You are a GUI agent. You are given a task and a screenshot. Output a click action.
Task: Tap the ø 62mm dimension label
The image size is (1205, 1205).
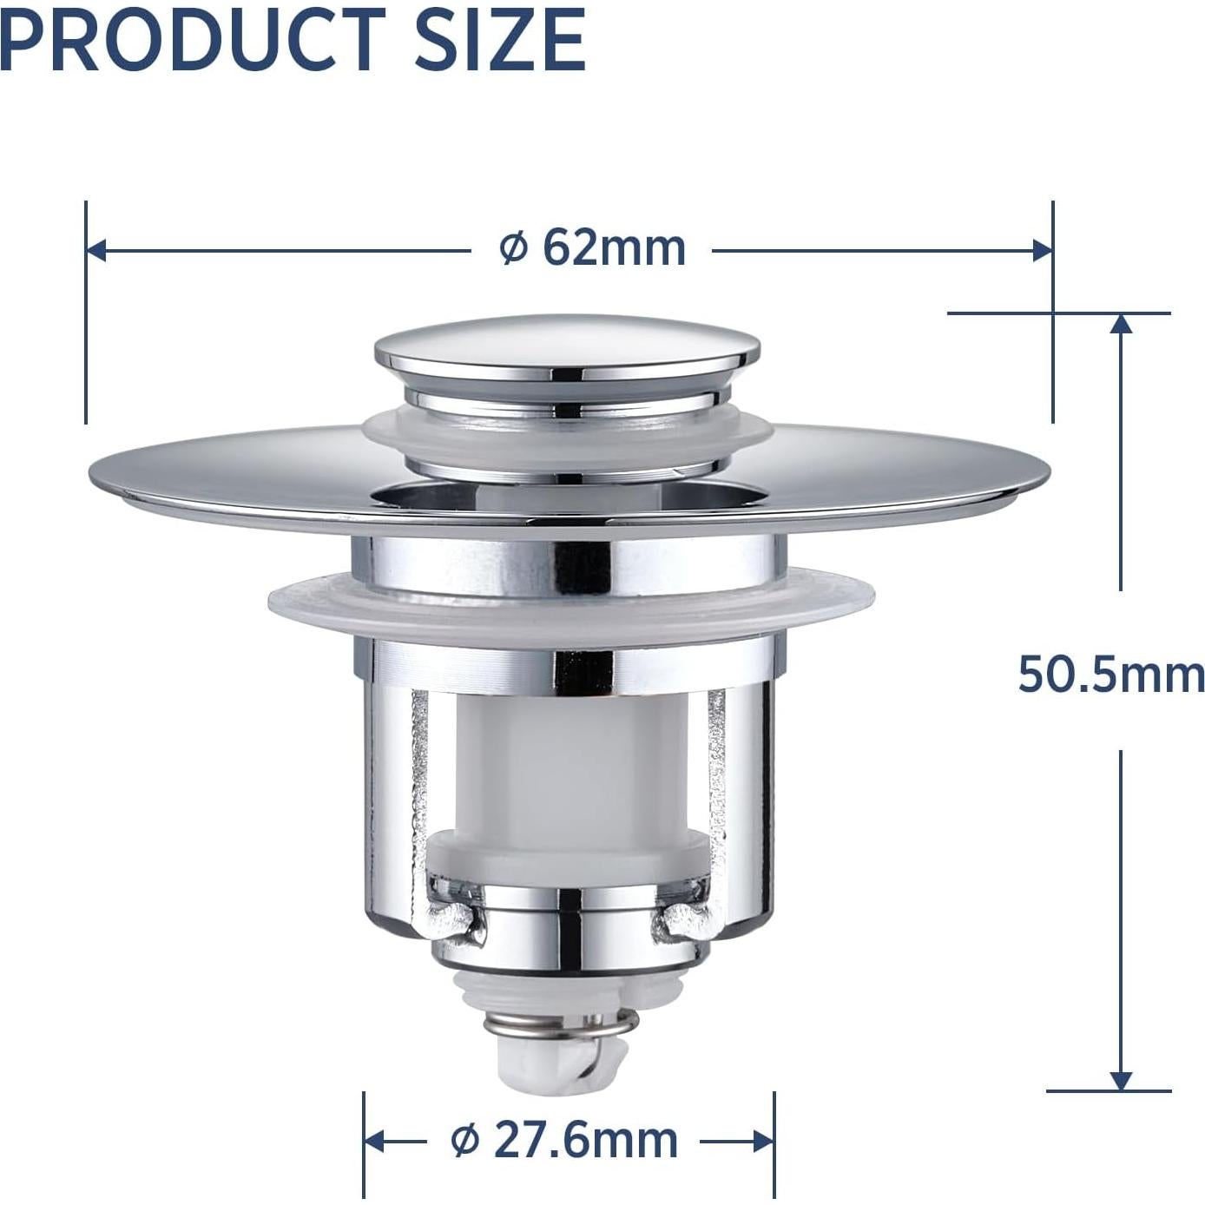tap(592, 248)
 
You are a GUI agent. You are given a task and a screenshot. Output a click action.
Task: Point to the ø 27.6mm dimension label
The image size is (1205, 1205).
tap(564, 1139)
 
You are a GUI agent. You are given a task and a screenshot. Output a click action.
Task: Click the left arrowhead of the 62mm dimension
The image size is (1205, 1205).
tap(96, 251)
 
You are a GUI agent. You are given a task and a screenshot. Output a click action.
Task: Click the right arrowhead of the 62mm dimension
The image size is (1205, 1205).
tap(1042, 251)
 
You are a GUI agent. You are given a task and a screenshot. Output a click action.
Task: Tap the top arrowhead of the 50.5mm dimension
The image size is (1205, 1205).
tap(1121, 323)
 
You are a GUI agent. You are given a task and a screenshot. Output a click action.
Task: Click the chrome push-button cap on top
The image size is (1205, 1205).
tap(567, 347)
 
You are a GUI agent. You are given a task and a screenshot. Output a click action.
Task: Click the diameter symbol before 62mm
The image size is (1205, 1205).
tap(513, 249)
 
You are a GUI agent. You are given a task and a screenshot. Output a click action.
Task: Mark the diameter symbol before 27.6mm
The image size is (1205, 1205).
tap(465, 1140)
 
